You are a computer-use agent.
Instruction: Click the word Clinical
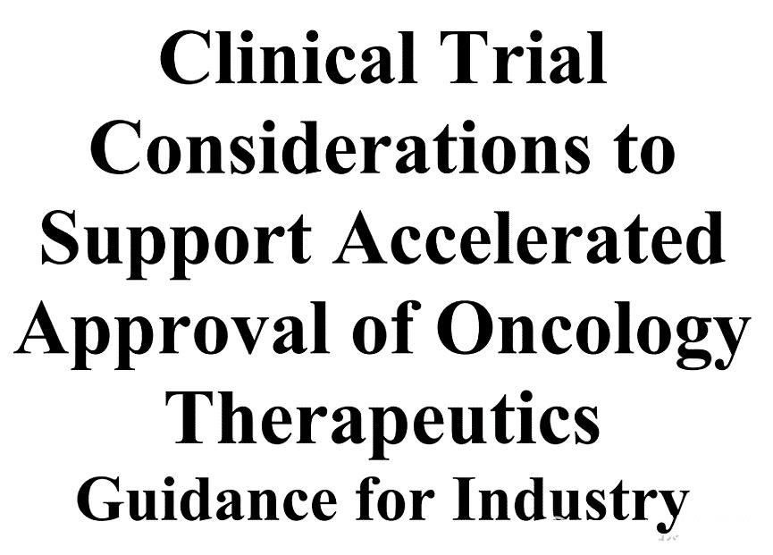click(289, 58)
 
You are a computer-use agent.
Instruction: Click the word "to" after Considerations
click(646, 150)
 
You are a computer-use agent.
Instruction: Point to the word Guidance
click(208, 499)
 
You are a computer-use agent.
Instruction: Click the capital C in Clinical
click(184, 59)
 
